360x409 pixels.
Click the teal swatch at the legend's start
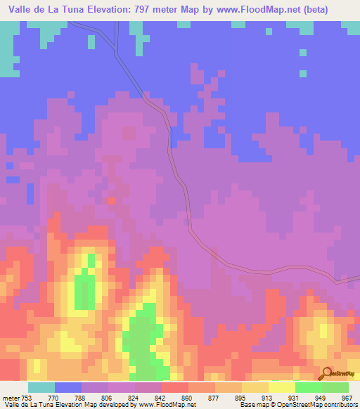(x=41, y=387)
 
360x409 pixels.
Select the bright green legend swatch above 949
(x=308, y=387)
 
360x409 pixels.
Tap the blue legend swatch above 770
(x=67, y=387)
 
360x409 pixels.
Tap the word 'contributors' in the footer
(x=338, y=404)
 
